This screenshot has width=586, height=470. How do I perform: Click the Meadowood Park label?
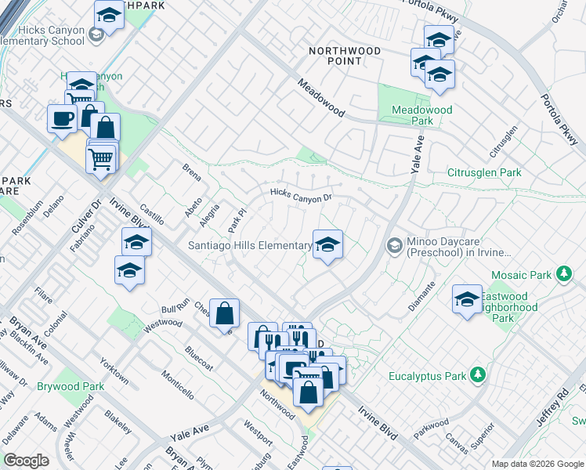pyautogui.click(x=422, y=116)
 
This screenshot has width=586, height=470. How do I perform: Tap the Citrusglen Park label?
pyautogui.click(x=483, y=172)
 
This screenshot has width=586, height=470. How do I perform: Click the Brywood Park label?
pyautogui.click(x=74, y=387)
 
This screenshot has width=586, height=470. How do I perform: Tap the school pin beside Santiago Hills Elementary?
pyautogui.click(x=327, y=244)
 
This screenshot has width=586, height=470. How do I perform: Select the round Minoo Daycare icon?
pyautogui.click(x=395, y=246)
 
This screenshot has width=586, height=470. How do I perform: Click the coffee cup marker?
pyautogui.click(x=62, y=119)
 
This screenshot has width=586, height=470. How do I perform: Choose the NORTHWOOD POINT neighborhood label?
pyautogui.click(x=345, y=56)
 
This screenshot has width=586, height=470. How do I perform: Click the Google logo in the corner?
pyautogui.click(x=26, y=461)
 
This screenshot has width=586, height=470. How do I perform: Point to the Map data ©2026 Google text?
pyautogui.click(x=536, y=464)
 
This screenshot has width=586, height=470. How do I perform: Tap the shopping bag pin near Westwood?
pyautogui.click(x=224, y=313)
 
